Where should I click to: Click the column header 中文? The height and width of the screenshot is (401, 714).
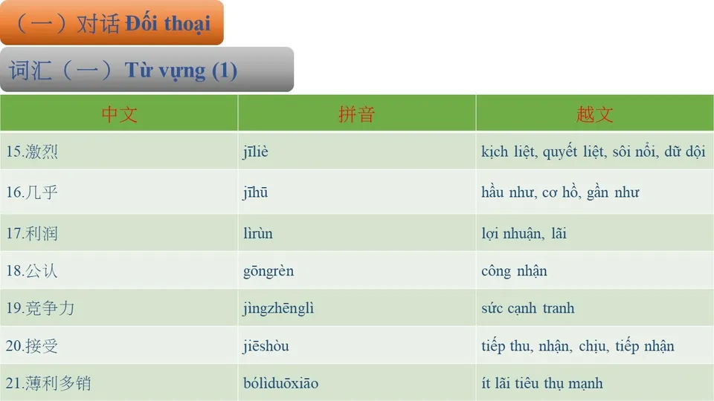point(119,114)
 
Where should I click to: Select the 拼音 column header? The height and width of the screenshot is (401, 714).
point(356,114)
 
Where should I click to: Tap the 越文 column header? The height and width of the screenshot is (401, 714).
point(594,114)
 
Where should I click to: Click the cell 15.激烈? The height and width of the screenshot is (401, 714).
point(32,152)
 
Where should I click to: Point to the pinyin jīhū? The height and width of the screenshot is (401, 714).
point(255,193)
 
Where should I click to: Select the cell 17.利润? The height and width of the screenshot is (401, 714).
point(32,234)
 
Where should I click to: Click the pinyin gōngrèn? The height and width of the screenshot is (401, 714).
point(268,271)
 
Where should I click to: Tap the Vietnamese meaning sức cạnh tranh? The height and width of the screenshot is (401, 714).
point(527,308)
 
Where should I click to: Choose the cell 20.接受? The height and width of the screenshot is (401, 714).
point(32,346)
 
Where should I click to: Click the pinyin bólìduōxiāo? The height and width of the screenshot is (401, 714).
point(280,384)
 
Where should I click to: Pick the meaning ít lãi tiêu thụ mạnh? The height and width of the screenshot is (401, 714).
point(541,384)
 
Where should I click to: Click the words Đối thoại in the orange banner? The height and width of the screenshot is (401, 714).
point(167,23)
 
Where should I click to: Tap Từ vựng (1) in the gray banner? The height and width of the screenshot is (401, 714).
point(181,71)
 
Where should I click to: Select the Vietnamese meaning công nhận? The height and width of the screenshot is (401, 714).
point(514,271)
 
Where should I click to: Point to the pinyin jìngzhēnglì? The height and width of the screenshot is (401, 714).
point(278,308)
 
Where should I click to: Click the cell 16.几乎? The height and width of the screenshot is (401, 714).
point(32,193)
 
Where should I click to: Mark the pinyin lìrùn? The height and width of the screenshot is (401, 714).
point(257,234)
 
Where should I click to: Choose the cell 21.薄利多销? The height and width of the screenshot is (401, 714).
point(48,384)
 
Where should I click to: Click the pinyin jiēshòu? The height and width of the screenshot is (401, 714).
point(266,346)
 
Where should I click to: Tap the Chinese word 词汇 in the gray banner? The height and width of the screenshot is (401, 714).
point(30,71)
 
